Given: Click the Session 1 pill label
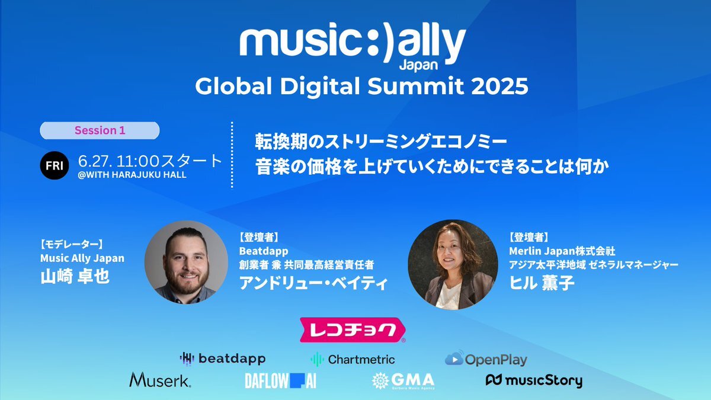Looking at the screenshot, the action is click(x=100, y=130).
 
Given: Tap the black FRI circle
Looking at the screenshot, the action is click(x=55, y=165).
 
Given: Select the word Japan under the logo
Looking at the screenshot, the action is click(x=418, y=65).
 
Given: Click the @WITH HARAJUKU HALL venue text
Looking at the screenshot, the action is click(x=132, y=175).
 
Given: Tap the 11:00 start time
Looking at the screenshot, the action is click(x=137, y=161).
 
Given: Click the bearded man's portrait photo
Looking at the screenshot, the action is click(x=186, y=263).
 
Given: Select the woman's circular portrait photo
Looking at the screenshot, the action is click(x=453, y=264).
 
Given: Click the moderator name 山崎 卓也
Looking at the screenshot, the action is click(x=75, y=277).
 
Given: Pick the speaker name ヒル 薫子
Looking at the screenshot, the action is click(x=542, y=283).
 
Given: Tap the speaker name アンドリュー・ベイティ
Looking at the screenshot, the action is click(x=313, y=283).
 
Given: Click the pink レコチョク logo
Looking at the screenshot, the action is click(x=353, y=330).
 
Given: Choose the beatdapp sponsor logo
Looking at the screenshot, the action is click(x=223, y=359).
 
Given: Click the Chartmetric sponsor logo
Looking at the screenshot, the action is click(x=353, y=359).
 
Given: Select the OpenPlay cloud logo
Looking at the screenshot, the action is click(x=486, y=359).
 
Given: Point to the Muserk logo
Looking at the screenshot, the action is click(x=160, y=380).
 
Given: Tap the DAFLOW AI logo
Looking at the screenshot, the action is click(x=281, y=380).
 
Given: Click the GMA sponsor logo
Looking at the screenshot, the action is click(x=403, y=380).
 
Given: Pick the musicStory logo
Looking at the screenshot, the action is click(x=534, y=381).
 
